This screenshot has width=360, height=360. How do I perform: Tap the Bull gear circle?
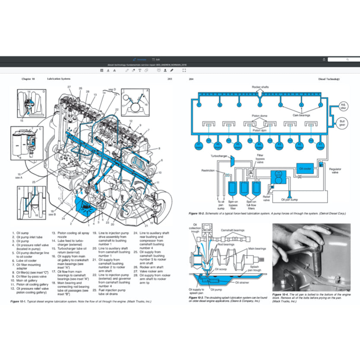coord(343,123)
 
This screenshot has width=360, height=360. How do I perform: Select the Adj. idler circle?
coord(343,106)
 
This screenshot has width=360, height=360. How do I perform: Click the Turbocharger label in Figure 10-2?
coord(219,155)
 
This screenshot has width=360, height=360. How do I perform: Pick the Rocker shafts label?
coord(260,87)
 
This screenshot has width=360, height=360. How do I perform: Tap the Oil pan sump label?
coord(290,199)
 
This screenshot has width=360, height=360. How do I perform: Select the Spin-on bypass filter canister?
coord(232,188)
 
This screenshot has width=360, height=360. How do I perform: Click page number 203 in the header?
coord(170,79)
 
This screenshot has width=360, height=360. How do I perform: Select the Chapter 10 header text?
coord(28,79)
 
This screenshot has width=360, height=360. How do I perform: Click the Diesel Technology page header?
coord(329,79)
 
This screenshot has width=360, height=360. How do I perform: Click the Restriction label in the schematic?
coord(208,170)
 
